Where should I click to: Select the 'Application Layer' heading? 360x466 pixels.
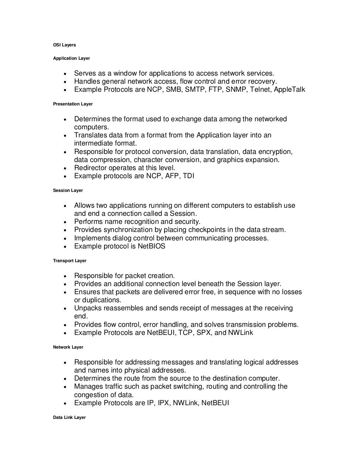pyautogui.click(x=71, y=58)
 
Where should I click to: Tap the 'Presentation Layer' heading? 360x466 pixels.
pyautogui.click(x=73, y=104)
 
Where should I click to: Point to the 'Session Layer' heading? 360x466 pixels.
pyautogui.click(x=68, y=190)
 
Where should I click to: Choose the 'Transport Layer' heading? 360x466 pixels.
pyautogui.click(x=70, y=261)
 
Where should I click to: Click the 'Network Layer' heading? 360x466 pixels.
pyautogui.click(x=68, y=347)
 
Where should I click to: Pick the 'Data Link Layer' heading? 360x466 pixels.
pyautogui.click(x=69, y=418)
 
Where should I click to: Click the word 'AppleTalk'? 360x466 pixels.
pyautogui.click(x=289, y=90)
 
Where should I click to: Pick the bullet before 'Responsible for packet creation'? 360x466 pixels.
pyautogui.click(x=66, y=276)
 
